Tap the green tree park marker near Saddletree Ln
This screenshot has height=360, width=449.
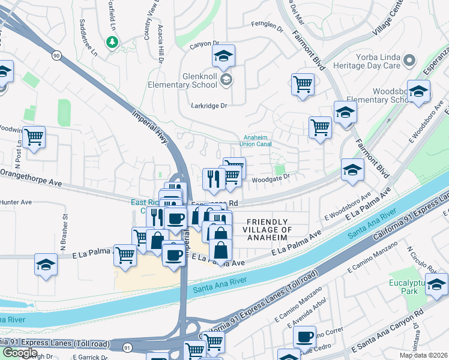(x=112, y=42)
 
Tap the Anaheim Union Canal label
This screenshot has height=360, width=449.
(x=256, y=140)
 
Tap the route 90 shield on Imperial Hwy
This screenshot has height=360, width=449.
(x=56, y=55)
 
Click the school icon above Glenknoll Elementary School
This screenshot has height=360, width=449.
(x=223, y=56)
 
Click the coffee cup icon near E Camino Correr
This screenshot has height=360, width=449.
(x=304, y=337)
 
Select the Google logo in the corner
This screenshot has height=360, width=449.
(x=19, y=352)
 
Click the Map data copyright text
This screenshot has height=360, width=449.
(x=423, y=355)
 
